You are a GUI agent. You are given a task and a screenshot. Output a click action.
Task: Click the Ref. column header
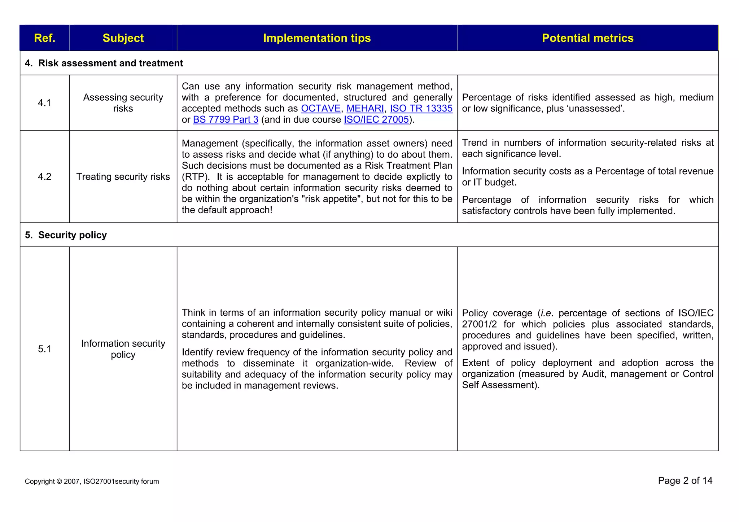click(44, 38)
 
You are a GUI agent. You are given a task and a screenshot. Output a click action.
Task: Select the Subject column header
click(123, 38)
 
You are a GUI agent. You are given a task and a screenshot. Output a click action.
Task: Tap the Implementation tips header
click(317, 38)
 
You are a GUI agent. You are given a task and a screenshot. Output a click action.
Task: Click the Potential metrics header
click(587, 38)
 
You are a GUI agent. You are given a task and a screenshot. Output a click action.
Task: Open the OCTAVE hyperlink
click(320, 109)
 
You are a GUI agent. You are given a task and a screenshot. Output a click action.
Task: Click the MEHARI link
click(365, 109)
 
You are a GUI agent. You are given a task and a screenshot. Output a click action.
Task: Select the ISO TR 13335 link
click(421, 109)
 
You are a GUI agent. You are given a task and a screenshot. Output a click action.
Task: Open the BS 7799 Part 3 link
click(226, 120)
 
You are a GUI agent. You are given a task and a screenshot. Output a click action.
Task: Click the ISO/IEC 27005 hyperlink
click(376, 120)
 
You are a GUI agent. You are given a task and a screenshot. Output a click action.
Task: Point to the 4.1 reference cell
click(44, 103)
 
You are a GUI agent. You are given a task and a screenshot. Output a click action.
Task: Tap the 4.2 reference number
click(44, 177)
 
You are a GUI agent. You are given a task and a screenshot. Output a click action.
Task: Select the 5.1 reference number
click(44, 349)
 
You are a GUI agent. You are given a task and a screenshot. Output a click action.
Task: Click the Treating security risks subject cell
click(123, 177)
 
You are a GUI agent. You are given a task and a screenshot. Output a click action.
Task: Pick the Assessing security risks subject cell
click(123, 103)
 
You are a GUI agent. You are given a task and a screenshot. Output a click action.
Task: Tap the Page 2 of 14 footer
click(685, 481)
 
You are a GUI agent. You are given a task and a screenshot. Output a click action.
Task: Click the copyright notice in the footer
click(92, 481)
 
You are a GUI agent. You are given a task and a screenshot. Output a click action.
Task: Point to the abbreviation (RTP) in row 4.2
click(195, 177)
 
